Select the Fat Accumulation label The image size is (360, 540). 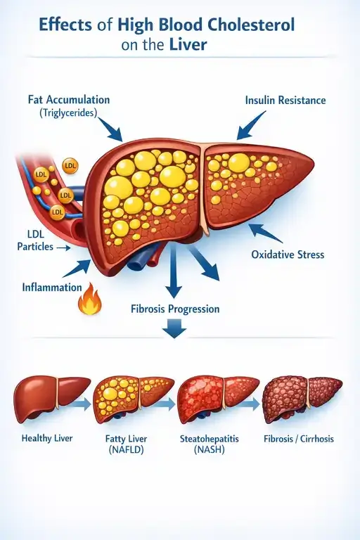[69, 100]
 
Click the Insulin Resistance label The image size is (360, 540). [285, 101]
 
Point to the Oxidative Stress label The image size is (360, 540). [288, 255]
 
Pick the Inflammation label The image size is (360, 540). [52, 287]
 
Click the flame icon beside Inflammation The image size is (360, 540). [89, 299]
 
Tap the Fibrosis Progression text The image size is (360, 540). [175, 309]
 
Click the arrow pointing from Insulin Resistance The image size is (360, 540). [250, 125]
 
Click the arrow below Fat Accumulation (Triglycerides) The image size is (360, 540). [110, 129]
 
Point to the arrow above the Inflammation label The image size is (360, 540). [77, 269]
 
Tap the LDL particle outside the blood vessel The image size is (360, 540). [70, 167]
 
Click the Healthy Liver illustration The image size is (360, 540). [51, 399]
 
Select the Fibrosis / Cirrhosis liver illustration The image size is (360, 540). [302, 399]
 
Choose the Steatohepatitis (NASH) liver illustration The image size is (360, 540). [218, 399]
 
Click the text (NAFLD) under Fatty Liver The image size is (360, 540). [126, 450]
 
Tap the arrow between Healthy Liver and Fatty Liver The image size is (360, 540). [82, 404]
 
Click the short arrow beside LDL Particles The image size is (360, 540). [63, 247]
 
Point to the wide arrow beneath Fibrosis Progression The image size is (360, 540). [174, 328]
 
